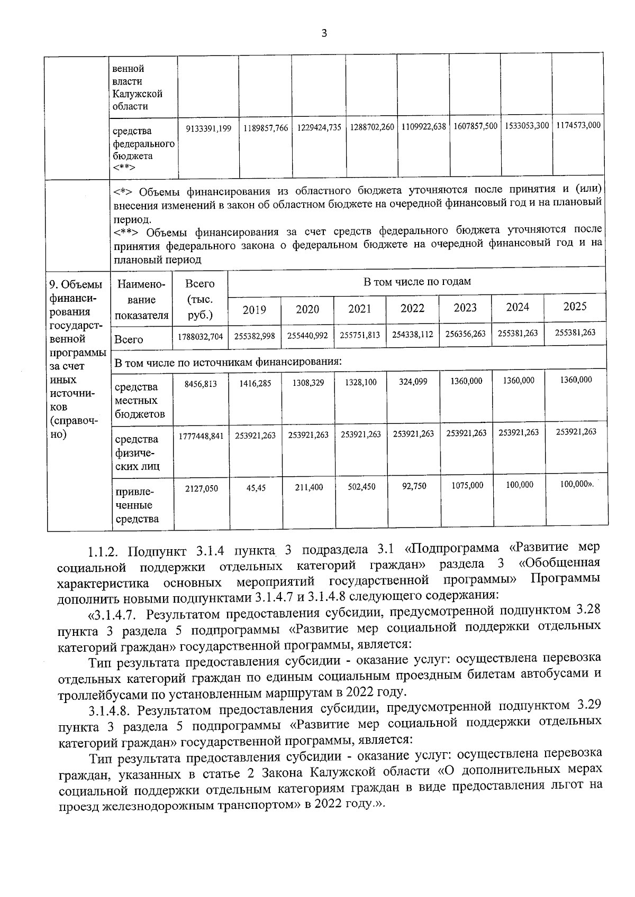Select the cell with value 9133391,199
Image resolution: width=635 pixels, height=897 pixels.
click(x=209, y=128)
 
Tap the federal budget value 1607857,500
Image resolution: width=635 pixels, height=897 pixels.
click(x=475, y=126)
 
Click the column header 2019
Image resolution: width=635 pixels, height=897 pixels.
click(x=254, y=310)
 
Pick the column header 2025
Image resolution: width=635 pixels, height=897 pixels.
click(x=575, y=307)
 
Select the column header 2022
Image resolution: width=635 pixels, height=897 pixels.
click(x=412, y=309)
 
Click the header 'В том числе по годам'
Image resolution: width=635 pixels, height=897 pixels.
click(x=417, y=281)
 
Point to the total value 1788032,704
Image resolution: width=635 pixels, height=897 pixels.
click(x=201, y=336)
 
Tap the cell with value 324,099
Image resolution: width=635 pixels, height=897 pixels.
click(x=413, y=381)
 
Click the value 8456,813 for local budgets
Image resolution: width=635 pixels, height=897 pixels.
click(x=201, y=384)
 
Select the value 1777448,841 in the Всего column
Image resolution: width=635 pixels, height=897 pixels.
click(x=201, y=436)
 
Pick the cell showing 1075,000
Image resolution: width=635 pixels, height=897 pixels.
click(x=466, y=485)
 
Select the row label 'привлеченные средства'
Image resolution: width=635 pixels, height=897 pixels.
click(x=137, y=505)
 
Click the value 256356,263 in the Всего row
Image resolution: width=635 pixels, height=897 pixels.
click(x=465, y=334)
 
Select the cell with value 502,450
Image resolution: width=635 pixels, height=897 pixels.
click(x=361, y=487)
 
